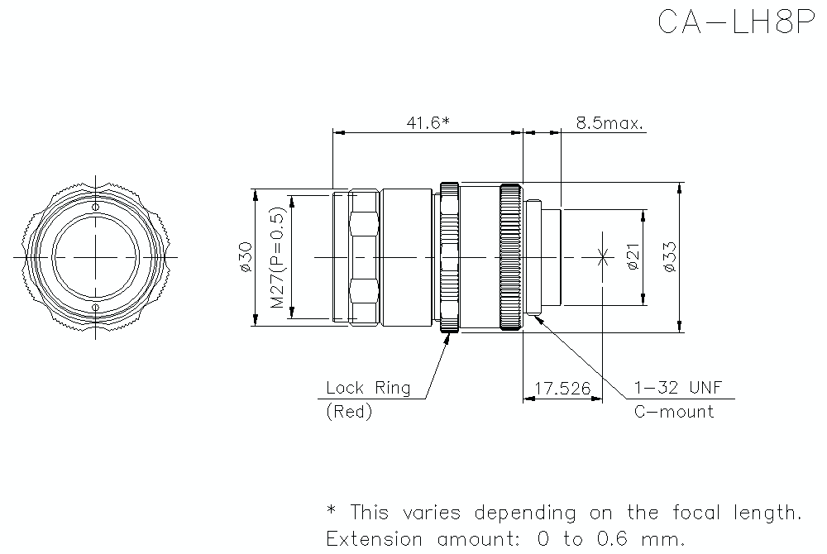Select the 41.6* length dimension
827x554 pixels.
428,123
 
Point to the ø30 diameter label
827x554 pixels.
246,257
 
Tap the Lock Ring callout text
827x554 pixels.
367,388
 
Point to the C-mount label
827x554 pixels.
673,412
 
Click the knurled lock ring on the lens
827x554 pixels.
450,257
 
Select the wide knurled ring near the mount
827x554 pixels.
510,257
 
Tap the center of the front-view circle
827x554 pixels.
96,257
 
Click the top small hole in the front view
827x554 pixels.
96,206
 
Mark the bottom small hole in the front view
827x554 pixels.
96,308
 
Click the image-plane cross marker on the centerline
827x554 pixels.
603,257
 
